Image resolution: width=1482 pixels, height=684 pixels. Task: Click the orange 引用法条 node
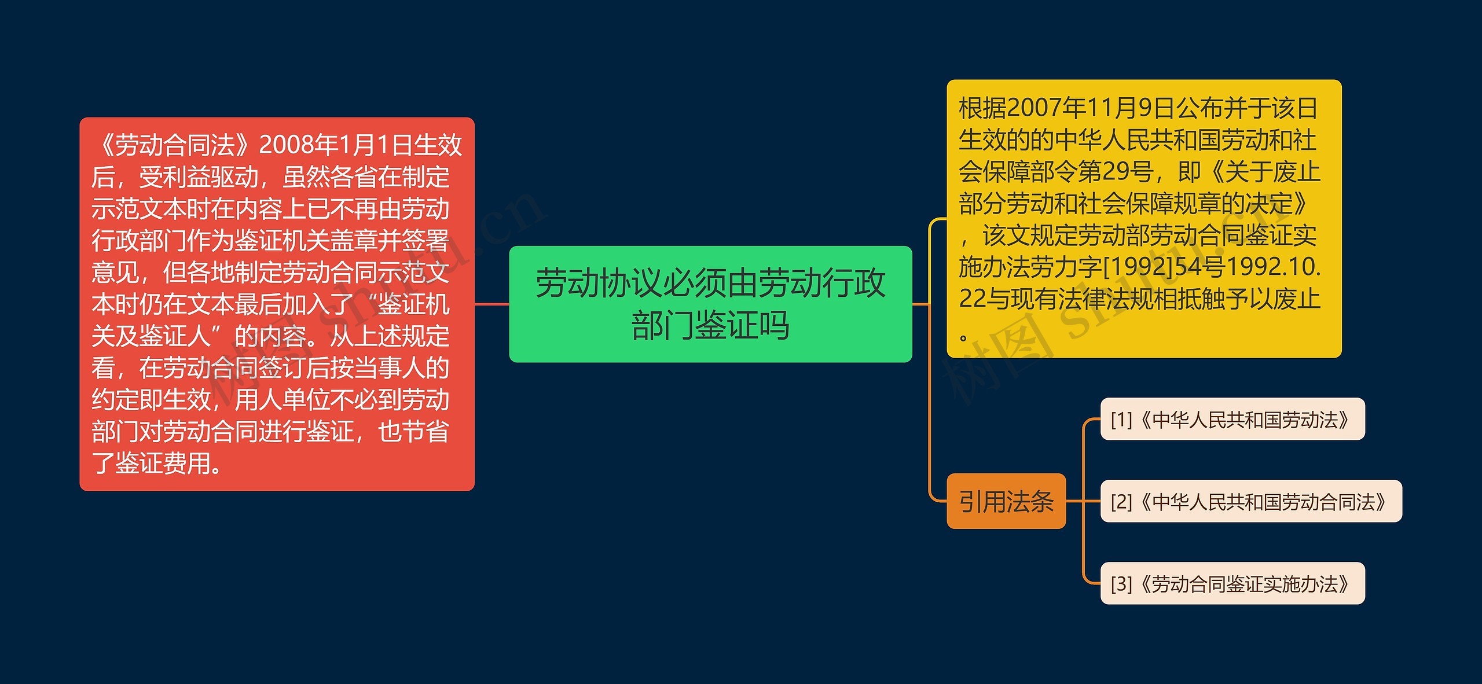coord(1006,501)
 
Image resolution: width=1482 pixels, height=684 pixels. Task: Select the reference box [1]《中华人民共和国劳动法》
coord(1232,419)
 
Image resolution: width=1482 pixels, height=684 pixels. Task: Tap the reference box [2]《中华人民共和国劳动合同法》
coord(1250,501)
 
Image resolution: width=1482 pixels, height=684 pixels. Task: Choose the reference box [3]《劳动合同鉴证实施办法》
coord(1232,583)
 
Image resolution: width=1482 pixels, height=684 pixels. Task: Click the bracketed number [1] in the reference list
coord(1121,420)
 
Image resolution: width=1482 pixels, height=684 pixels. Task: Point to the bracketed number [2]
coord(1121,502)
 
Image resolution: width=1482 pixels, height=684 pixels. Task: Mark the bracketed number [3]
coord(1121,584)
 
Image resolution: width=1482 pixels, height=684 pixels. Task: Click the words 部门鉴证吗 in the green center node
coord(710,325)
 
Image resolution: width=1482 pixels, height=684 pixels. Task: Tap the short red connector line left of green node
coord(491,304)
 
